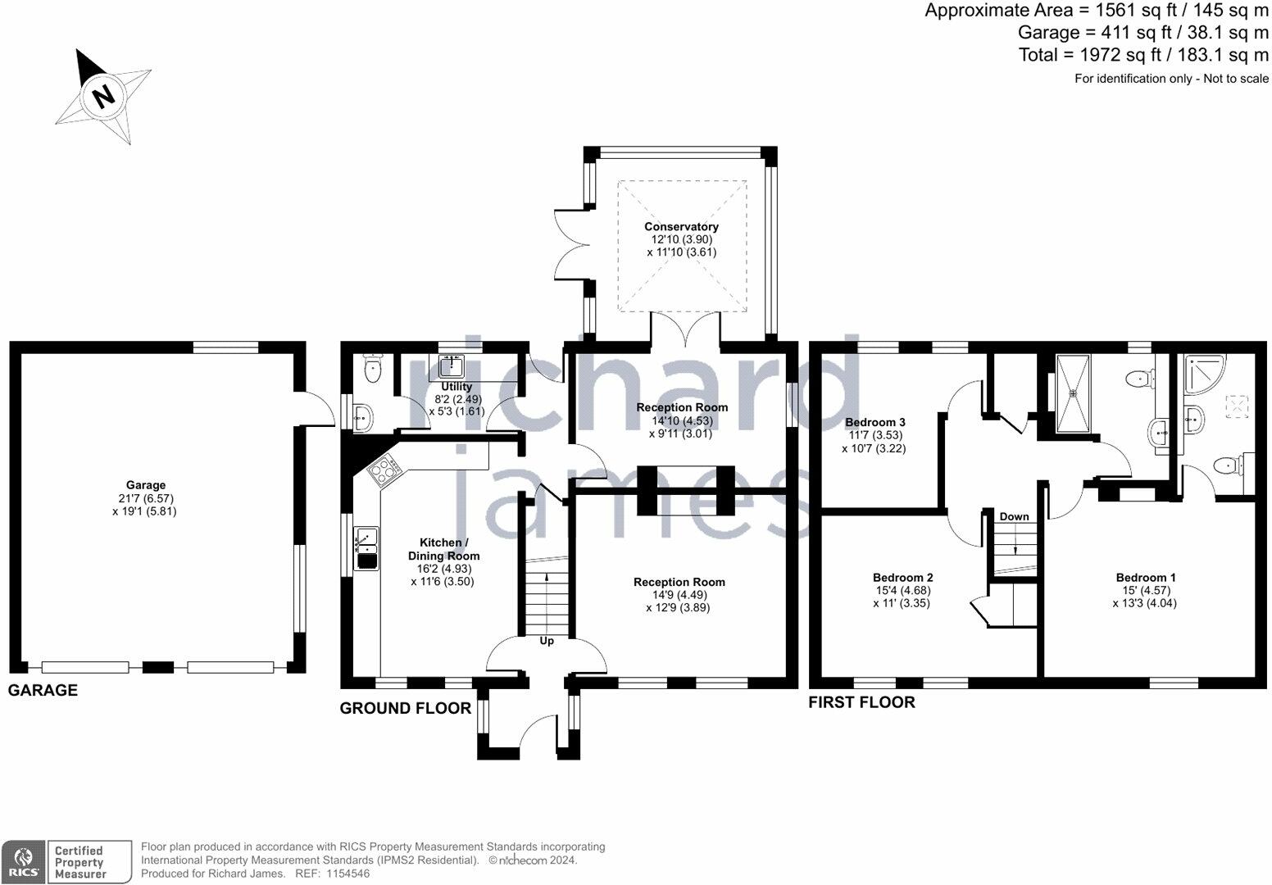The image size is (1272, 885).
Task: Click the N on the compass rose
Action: [103, 96]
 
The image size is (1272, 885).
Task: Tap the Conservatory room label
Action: [681, 227]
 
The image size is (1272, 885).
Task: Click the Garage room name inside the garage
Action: [145, 485]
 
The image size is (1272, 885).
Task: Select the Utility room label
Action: [457, 387]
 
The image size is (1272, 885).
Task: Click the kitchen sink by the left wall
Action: [366, 548]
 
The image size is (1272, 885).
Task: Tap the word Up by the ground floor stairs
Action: [547, 641]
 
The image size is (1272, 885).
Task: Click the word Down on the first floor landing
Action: [1014, 516]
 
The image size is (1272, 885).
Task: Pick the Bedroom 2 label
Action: [902, 577]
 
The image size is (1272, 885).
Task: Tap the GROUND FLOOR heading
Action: [406, 708]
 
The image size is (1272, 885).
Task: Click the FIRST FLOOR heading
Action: [861, 702]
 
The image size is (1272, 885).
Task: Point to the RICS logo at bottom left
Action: [22, 862]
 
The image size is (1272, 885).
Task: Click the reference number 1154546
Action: [348, 874]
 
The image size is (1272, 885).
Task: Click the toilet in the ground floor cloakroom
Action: [374, 368]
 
